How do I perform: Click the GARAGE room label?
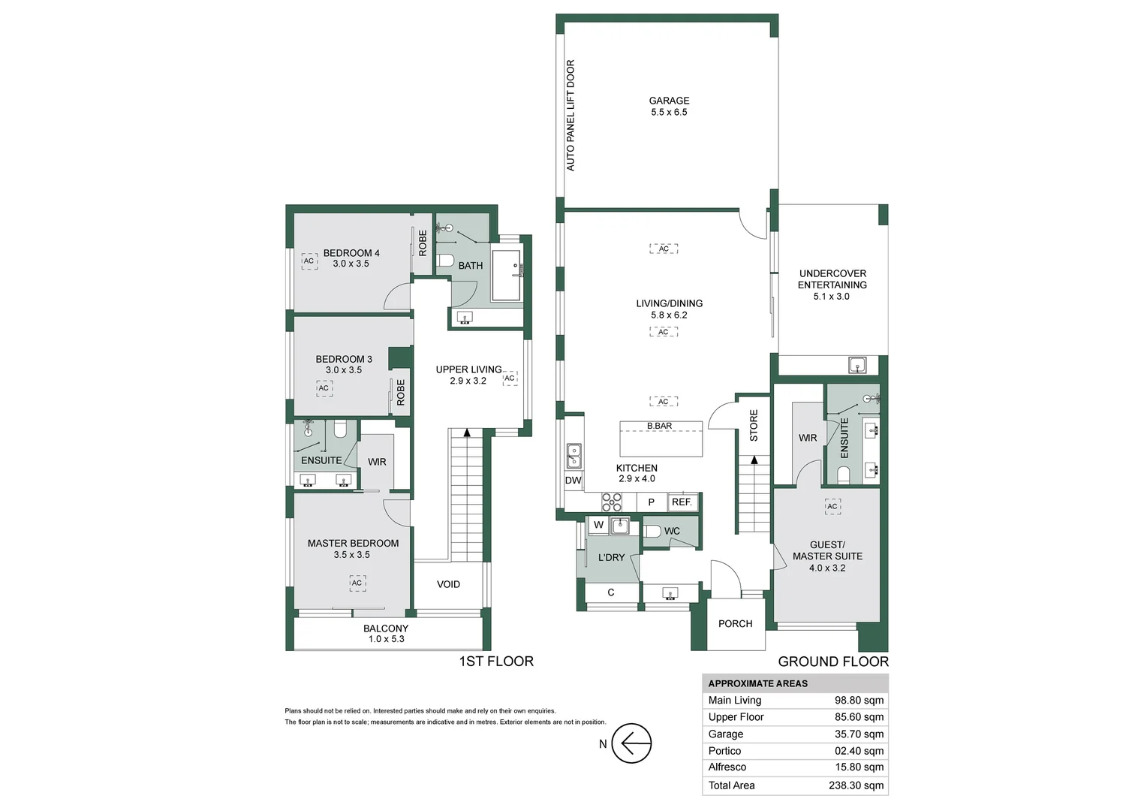coord(669,101)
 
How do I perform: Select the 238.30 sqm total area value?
coord(856,785)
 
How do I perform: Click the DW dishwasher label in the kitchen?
coord(573,480)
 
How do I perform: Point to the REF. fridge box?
coord(682,502)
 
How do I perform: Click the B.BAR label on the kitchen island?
coord(660,426)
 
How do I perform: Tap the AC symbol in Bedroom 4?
coord(309,261)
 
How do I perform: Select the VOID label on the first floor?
coord(448,584)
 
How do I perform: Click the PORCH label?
coord(736,623)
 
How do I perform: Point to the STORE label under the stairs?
coord(754,425)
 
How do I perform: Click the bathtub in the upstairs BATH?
coord(507,275)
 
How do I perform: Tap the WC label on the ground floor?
coord(672,531)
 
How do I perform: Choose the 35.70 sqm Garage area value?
coord(859,734)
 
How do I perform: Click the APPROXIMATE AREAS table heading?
coord(758,683)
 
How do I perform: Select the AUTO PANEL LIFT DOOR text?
coord(570,116)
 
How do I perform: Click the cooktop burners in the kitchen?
coord(611,502)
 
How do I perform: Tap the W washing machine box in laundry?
coord(598,525)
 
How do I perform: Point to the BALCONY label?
coord(386,628)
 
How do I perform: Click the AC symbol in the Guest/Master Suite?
coord(832,506)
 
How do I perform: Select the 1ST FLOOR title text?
coord(496,662)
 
